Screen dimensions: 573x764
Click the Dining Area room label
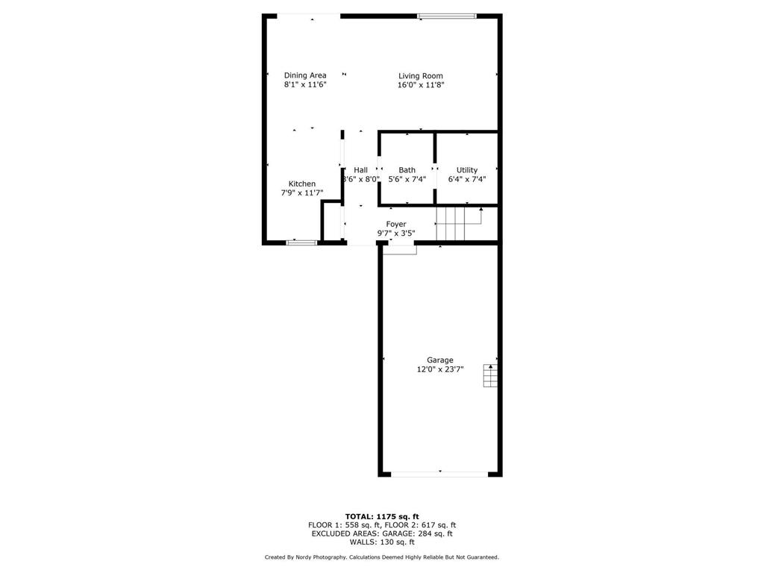point(305,75)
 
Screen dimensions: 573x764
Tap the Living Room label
point(421,75)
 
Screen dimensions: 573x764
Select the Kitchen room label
point(302,184)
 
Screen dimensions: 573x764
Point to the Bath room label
point(407,170)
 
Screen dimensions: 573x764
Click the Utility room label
point(467,170)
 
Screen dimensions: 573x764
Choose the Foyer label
point(396,224)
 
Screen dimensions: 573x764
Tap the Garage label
point(440,360)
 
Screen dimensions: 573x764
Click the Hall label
point(361,170)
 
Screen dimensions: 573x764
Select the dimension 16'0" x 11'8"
point(421,85)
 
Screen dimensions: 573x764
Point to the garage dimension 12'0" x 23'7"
point(440,369)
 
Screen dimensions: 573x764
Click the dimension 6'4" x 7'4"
point(467,179)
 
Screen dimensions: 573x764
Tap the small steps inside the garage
point(490,376)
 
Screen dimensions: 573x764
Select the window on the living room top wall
point(447,16)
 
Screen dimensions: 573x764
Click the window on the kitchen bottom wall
point(301,242)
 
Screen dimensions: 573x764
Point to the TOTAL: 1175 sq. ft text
point(382,516)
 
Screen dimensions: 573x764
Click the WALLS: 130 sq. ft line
point(382,542)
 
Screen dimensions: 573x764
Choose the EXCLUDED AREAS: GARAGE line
point(382,533)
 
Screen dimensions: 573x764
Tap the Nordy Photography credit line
point(382,557)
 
